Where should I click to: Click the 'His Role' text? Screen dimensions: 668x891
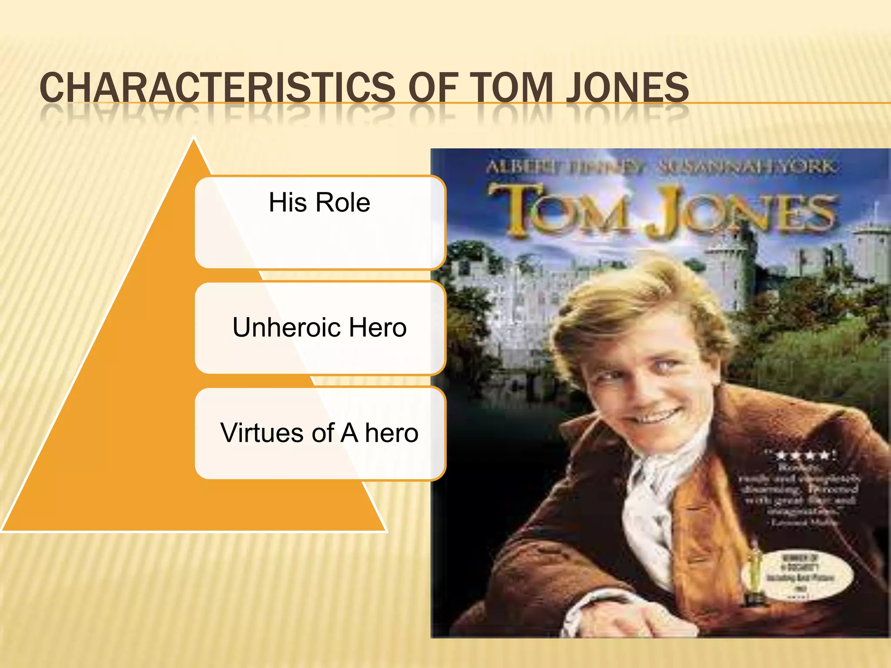coord(319,202)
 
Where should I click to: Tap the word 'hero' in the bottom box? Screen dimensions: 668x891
coord(392,433)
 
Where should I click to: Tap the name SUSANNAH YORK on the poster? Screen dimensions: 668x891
coord(747,166)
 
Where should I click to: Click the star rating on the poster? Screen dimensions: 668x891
coord(804,455)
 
